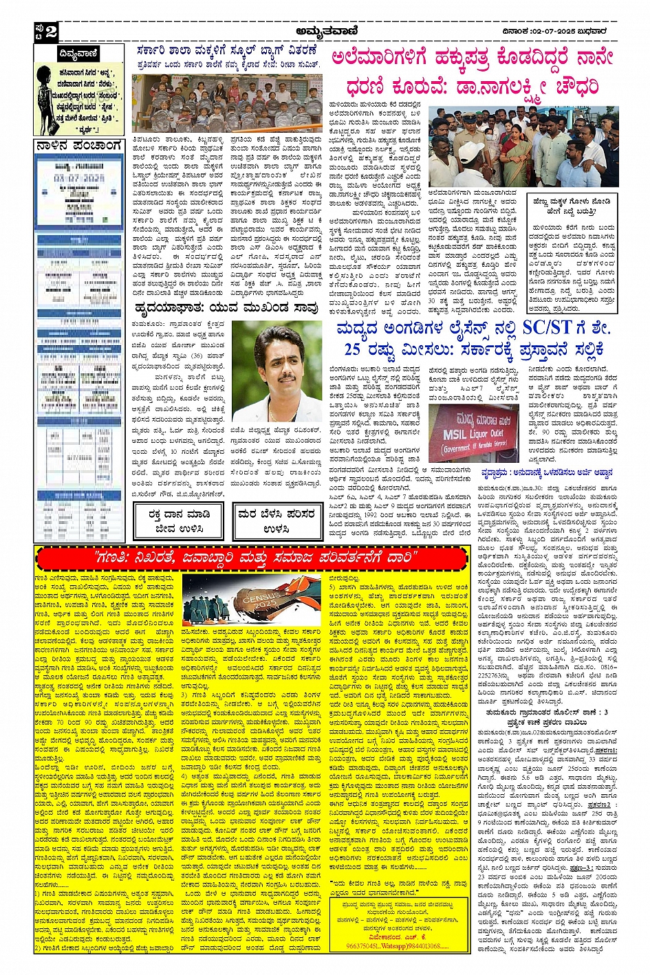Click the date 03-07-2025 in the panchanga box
click(x=78, y=178)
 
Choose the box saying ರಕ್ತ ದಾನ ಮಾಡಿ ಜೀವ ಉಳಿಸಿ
click(x=179, y=521)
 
